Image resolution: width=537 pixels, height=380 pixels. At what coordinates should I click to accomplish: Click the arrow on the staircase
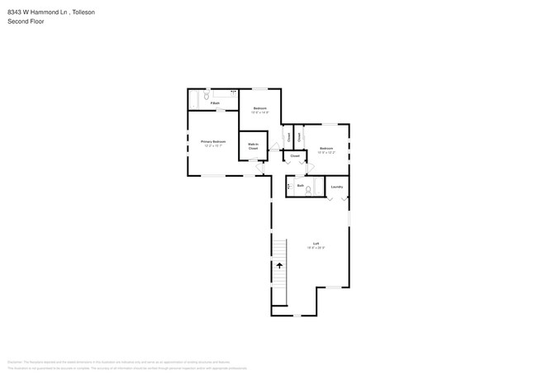coord(279,265)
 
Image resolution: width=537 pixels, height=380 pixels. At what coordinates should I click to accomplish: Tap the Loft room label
coord(316,245)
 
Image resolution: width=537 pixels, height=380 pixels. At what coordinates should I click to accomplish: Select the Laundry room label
coord(336,187)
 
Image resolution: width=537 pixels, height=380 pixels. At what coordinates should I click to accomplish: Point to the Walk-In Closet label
coord(253,146)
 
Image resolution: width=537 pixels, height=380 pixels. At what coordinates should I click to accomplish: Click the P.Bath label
coord(214,103)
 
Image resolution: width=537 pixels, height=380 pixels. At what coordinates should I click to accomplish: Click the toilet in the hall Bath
coord(308,190)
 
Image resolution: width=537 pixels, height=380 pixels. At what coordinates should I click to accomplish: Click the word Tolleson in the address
coord(83,12)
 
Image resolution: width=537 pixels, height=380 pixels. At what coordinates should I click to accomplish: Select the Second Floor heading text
coord(26,21)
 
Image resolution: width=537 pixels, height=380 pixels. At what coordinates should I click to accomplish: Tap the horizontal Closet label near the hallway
coord(294,154)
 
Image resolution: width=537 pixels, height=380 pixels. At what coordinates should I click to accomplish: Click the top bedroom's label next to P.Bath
coord(260,110)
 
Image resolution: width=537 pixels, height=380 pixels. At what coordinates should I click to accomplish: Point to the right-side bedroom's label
coord(326,150)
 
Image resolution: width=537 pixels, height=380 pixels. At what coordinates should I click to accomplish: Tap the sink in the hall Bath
coord(288,186)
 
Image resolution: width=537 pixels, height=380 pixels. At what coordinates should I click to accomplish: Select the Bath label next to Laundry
coord(300,186)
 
